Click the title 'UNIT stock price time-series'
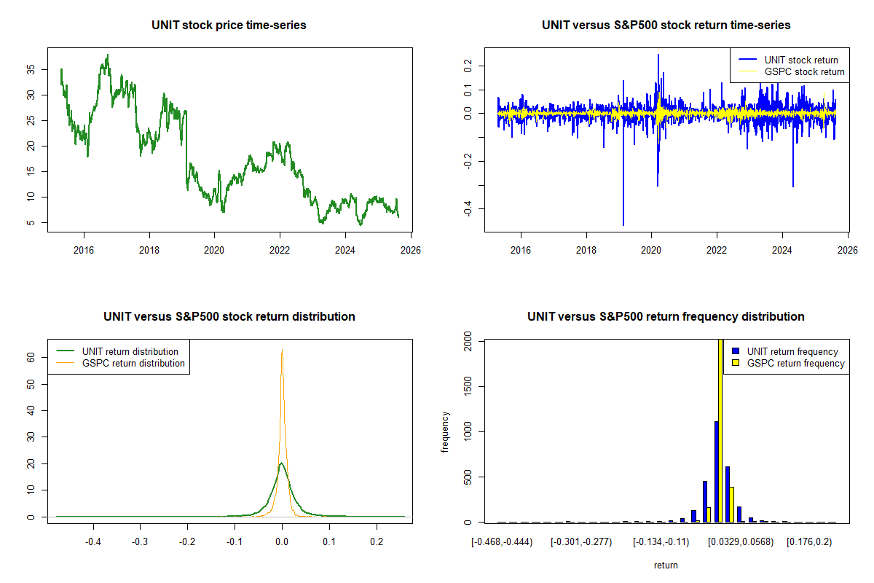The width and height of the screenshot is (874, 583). pos(229,25)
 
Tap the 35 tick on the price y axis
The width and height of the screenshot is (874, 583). pos(31,69)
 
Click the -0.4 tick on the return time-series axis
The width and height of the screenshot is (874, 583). pos(468,209)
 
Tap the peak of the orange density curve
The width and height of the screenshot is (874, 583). pos(282,351)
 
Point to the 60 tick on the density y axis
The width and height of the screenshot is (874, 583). pos(31,358)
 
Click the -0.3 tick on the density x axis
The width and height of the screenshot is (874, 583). pos(140,542)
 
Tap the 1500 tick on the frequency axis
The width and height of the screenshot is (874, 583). pos(468,386)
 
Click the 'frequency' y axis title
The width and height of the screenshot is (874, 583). pos(445,431)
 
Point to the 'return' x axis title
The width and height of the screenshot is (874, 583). pos(666,565)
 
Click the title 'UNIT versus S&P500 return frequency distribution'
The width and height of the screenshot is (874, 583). pos(666,316)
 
